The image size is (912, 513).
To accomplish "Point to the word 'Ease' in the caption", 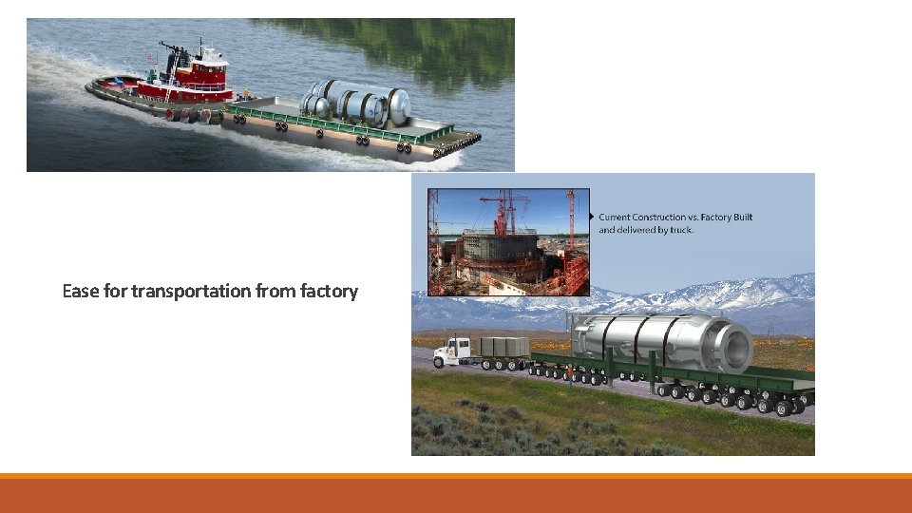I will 80,291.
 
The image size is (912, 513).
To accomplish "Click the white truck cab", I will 453,351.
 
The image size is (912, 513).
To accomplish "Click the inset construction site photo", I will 508,242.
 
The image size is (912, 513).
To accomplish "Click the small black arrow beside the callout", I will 593,217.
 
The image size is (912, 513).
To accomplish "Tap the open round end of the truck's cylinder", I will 735,341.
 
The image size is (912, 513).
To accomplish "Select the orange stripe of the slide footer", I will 456,476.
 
